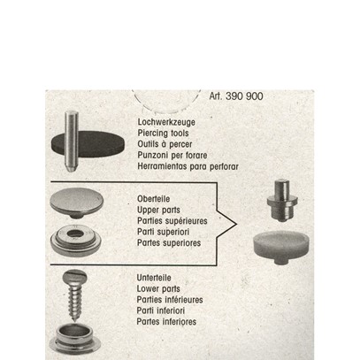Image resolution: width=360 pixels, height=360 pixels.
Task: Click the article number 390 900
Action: (x=244, y=96)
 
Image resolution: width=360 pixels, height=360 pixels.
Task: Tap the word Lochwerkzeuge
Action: (x=166, y=122)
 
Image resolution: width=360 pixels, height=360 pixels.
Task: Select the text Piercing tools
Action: (x=163, y=133)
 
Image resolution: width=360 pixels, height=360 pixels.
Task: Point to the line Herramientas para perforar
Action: (x=188, y=166)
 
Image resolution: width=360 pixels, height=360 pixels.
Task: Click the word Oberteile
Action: (x=154, y=199)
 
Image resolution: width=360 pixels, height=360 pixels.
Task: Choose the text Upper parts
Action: (x=158, y=210)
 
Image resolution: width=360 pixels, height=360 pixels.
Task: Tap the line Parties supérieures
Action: (x=172, y=221)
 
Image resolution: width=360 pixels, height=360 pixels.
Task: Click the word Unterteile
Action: (x=154, y=278)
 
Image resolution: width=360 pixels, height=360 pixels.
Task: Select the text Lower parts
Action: (x=158, y=288)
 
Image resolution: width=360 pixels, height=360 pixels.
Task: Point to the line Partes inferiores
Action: (x=166, y=321)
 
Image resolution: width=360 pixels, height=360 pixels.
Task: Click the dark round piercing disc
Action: (x=88, y=144)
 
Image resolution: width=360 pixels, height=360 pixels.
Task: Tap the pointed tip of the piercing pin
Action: (x=71, y=171)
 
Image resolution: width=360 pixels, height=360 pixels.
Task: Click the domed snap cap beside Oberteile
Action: (x=77, y=203)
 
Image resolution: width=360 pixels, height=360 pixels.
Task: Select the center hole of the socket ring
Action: (x=75, y=234)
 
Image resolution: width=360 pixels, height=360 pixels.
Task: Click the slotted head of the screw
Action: (x=75, y=277)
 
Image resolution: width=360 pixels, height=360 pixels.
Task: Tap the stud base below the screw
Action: (x=75, y=339)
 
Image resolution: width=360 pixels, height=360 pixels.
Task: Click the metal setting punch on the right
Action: (x=282, y=201)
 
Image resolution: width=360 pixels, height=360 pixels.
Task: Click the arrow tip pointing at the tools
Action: (x=236, y=225)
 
